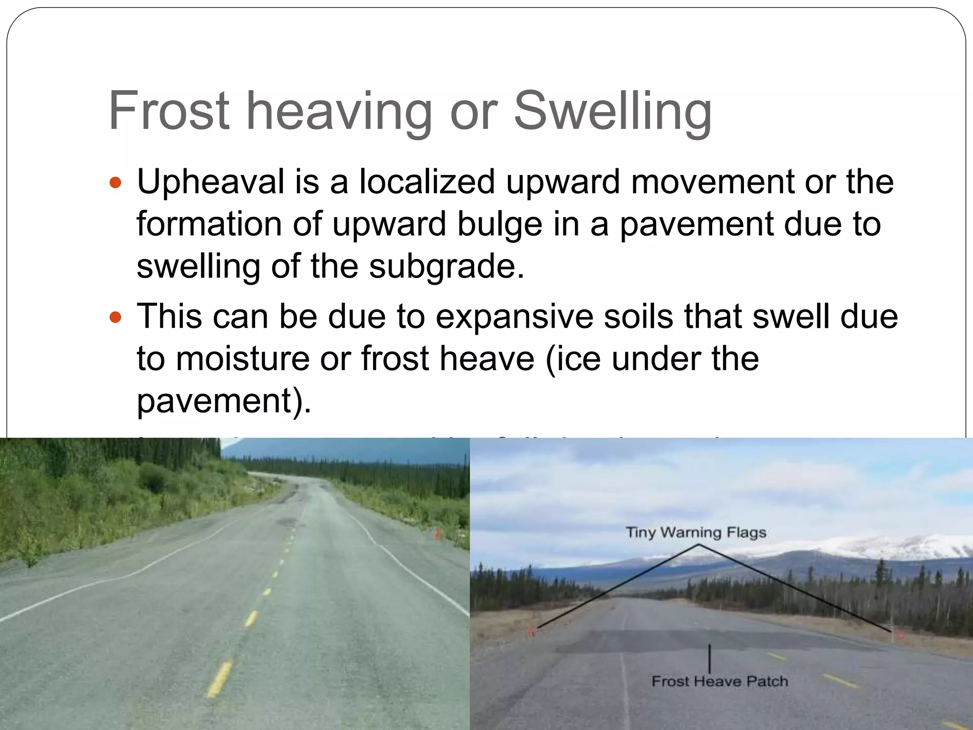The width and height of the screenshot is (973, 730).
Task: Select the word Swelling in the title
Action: [x=612, y=112]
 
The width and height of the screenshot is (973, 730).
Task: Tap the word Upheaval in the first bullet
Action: [x=210, y=182]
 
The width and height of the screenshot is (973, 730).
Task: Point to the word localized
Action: [x=426, y=182]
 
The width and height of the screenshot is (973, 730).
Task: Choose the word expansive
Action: [x=514, y=317]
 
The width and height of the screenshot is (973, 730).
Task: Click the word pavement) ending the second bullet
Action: [x=224, y=401]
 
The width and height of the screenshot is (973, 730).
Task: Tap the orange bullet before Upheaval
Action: [x=115, y=182]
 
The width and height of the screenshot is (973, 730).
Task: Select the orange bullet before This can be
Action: [x=115, y=317]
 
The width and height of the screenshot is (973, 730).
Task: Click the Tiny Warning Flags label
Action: [x=696, y=532]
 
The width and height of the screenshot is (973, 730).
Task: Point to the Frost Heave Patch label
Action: [x=719, y=681]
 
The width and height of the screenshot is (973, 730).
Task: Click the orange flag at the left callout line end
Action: [x=531, y=632]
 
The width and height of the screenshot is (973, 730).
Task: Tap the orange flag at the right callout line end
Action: [x=896, y=633]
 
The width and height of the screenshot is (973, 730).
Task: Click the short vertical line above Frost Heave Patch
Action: [x=709, y=658]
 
